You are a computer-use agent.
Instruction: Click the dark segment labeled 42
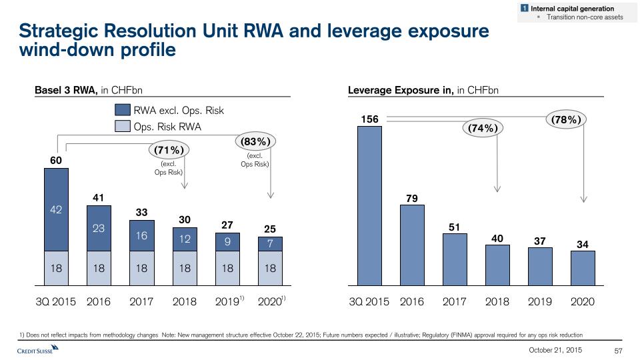click(57, 209)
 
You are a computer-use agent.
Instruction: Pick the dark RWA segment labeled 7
click(270, 244)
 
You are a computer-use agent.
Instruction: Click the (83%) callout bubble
click(256, 141)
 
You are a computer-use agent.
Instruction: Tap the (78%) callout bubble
click(567, 120)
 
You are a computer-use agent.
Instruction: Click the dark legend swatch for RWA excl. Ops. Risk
click(123, 110)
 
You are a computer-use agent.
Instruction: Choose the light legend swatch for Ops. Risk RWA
click(123, 126)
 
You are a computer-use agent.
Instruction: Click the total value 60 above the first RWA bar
click(57, 161)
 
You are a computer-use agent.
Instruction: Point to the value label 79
click(412, 197)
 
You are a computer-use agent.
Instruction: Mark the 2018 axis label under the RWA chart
click(185, 302)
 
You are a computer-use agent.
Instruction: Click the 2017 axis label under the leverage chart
click(455, 302)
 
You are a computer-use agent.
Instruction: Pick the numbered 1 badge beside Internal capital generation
click(525, 8)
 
